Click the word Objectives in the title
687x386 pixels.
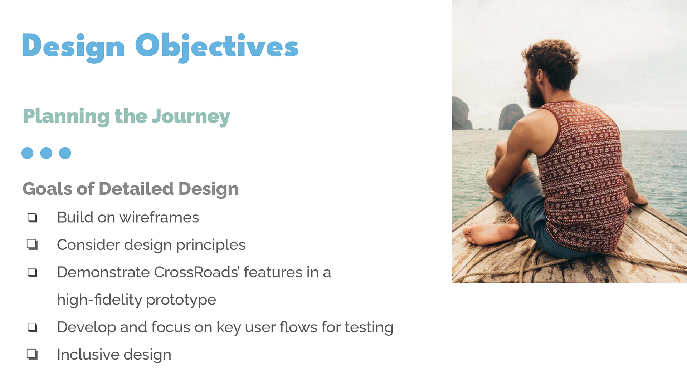pyautogui.click(x=216, y=47)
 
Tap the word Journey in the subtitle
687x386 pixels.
pyautogui.click(x=191, y=117)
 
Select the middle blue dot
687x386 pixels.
pyautogui.click(x=46, y=153)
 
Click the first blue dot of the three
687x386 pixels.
pyautogui.click(x=28, y=153)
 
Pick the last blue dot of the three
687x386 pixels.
pyautogui.click(x=65, y=153)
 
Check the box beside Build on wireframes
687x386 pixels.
pyautogui.click(x=33, y=217)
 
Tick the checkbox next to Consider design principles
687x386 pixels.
pyautogui.click(x=33, y=244)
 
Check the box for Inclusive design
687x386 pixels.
pyautogui.click(x=33, y=354)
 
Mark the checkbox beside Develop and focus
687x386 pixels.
pyautogui.click(x=33, y=327)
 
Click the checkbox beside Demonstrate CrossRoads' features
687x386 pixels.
pyautogui.click(x=33, y=272)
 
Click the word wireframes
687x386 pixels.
pyautogui.click(x=159, y=217)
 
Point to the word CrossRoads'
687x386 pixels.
pyautogui.click(x=197, y=272)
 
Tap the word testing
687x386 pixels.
pyautogui.click(x=369, y=327)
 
